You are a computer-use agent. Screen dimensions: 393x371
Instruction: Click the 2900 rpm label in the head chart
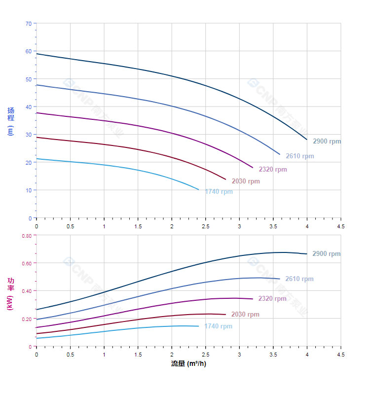(327, 142)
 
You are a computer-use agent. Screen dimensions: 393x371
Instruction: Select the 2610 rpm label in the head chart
(299, 156)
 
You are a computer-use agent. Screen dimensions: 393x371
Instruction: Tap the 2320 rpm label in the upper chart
(272, 170)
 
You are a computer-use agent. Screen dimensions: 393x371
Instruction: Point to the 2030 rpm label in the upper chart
(246, 181)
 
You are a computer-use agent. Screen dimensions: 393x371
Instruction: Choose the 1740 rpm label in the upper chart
(219, 192)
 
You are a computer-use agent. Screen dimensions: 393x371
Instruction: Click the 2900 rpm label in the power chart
(326, 254)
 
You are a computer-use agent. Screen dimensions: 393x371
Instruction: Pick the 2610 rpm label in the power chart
(299, 279)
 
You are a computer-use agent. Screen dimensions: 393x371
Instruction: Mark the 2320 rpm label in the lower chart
(272, 299)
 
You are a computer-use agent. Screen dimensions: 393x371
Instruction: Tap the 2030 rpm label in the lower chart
(245, 315)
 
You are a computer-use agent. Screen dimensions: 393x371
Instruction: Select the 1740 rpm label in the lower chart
(218, 326)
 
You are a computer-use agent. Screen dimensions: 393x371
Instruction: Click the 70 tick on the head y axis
(28, 24)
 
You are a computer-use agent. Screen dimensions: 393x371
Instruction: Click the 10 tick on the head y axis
(28, 190)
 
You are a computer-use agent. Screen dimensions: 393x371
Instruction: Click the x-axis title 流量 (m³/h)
(188, 364)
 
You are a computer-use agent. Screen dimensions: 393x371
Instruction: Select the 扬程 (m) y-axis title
(11, 121)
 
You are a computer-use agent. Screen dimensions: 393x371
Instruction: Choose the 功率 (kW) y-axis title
(11, 294)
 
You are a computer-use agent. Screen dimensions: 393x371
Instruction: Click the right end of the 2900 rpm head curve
(307, 140)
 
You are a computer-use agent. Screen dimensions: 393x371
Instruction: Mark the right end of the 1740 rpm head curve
(198, 189)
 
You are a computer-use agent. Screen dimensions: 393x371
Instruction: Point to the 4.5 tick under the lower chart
(340, 354)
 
